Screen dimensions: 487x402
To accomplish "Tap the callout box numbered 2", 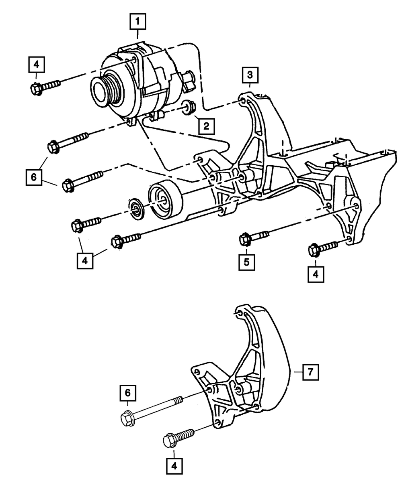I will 205,126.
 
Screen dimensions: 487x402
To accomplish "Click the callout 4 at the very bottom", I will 174,467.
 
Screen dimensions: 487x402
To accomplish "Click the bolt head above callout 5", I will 245,240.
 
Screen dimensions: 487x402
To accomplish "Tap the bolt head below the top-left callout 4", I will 37,89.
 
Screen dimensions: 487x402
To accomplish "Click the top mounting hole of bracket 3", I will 243,100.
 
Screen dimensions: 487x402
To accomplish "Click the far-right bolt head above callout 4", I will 314,249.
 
